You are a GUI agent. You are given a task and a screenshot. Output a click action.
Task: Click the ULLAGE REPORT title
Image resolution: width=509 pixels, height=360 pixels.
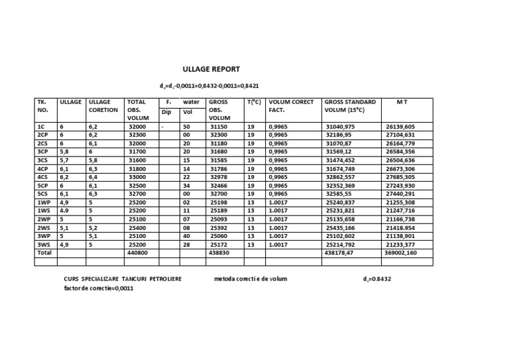tap(211, 69)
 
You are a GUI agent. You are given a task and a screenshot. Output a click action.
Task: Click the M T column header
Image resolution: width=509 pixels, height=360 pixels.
tap(402, 102)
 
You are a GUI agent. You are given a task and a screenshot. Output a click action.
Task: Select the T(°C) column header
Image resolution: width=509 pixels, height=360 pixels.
tap(254, 102)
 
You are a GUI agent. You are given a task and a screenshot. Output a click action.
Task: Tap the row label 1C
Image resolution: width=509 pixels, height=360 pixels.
tap(42, 126)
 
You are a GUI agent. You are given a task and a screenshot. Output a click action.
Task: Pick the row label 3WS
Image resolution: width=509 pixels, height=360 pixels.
tap(44, 244)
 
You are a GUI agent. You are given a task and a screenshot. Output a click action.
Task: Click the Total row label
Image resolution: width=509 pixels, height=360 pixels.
tap(44, 253)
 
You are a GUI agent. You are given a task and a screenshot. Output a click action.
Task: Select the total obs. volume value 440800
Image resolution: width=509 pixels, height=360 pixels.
tap(138, 253)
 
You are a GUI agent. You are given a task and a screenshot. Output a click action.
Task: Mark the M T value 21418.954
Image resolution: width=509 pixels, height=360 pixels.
tap(400, 227)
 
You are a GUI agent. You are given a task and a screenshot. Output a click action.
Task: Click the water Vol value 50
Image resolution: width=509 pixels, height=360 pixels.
tap(186, 126)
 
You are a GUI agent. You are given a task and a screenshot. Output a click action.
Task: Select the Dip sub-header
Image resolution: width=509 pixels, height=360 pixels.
tap(166, 113)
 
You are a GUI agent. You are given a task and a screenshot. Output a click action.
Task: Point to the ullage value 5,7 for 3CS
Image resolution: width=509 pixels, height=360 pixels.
tap(64, 160)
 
